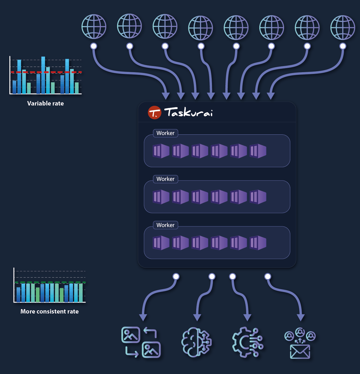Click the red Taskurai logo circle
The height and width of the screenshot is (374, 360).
(154, 112)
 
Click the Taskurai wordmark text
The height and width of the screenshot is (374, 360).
(188, 112)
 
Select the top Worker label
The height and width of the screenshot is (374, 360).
(165, 133)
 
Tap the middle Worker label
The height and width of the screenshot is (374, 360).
(165, 179)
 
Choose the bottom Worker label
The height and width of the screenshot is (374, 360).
(165, 225)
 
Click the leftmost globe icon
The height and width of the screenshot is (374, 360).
(94, 27)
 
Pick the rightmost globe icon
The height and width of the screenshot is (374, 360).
(342, 27)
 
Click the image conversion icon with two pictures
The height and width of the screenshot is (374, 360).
(141, 342)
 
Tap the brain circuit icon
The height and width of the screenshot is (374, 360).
(196, 342)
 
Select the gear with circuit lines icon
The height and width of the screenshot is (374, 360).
(248, 342)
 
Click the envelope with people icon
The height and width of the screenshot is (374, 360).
(300, 343)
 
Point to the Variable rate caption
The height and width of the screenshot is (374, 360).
(46, 103)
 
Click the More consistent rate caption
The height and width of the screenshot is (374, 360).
(50, 311)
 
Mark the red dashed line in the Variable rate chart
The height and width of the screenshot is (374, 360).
(46, 72)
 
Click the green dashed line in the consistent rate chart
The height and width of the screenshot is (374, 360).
(50, 283)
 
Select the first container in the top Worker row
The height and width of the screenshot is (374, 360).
(161, 151)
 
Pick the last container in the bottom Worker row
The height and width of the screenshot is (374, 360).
(258, 243)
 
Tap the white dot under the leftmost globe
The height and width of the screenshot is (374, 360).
(94, 46)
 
